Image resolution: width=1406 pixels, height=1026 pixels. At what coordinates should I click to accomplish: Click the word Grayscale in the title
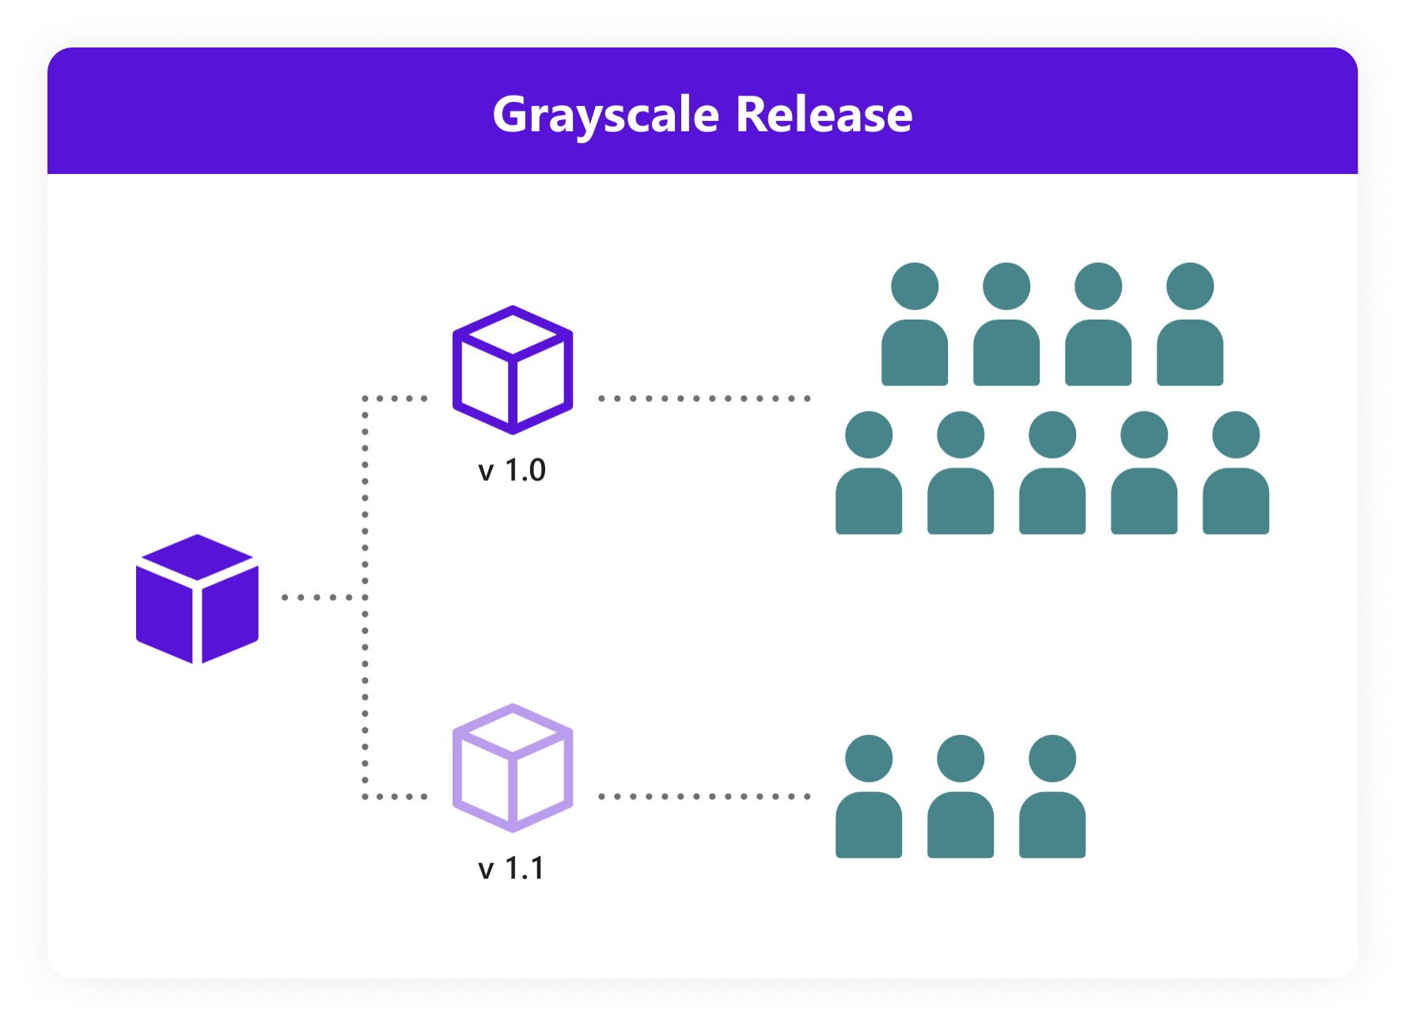click(605, 115)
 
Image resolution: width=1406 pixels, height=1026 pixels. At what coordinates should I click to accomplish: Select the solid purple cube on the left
click(197, 599)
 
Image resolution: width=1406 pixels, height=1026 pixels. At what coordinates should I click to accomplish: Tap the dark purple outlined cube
click(513, 369)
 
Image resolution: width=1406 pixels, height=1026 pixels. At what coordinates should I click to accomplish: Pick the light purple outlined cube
click(513, 767)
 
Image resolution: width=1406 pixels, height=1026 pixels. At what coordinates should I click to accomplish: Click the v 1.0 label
click(512, 471)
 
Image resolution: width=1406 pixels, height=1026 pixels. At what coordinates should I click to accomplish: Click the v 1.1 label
click(512, 869)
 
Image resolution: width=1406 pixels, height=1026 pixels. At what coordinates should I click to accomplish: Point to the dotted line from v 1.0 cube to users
click(704, 399)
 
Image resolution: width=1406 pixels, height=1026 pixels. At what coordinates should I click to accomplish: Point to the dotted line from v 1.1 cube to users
click(704, 797)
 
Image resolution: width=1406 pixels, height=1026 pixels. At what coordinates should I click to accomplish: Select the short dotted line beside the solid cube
click(316, 597)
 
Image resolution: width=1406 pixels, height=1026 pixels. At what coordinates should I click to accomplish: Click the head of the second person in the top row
click(1006, 286)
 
